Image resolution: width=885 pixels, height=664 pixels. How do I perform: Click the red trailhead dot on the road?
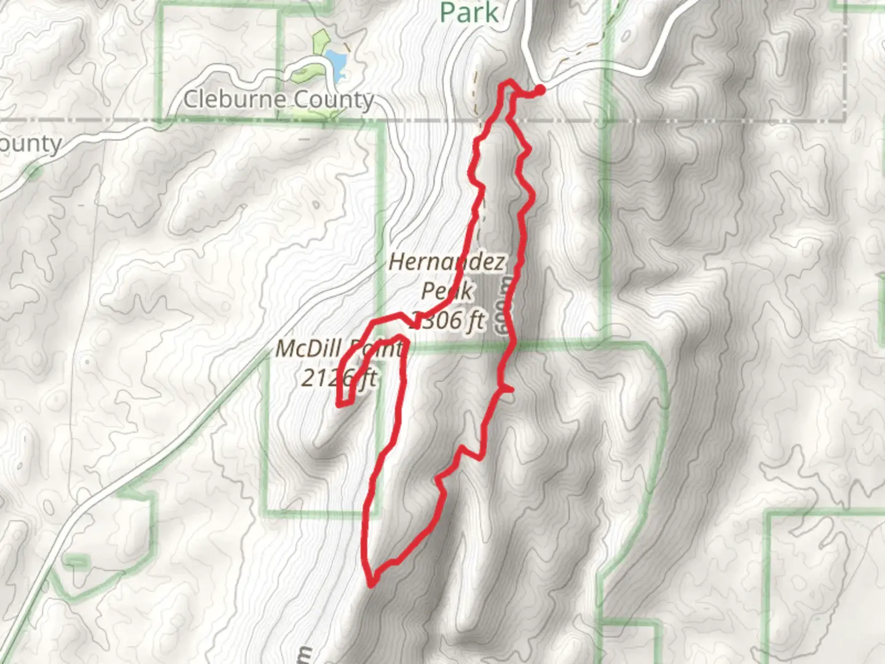(x=540, y=91)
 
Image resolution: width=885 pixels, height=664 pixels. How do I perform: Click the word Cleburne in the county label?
(x=235, y=99)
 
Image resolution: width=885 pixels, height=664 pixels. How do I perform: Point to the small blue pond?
(x=336, y=61)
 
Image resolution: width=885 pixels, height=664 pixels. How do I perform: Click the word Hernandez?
(x=447, y=263)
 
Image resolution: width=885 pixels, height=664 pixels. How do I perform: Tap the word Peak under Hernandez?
(x=447, y=291)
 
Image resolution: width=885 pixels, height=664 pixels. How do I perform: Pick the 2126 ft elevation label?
(x=338, y=377)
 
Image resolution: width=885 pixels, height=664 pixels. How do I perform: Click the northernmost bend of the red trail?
(x=506, y=82)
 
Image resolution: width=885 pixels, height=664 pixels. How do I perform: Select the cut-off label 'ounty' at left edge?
(x=31, y=144)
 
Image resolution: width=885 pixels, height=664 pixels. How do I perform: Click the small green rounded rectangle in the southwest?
(x=76, y=561)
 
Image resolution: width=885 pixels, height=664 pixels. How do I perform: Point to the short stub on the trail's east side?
(x=508, y=389)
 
